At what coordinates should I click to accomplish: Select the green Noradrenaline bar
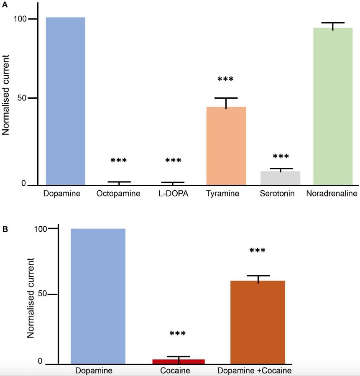click(333, 106)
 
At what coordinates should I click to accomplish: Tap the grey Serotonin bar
click(280, 178)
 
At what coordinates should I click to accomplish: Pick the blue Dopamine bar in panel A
click(65, 101)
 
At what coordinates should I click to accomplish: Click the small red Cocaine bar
click(179, 361)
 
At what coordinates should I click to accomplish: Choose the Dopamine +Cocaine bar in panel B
click(258, 322)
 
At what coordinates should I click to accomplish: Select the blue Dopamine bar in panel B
click(98, 296)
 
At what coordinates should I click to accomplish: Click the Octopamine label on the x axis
click(118, 194)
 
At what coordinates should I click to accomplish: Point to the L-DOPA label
click(173, 194)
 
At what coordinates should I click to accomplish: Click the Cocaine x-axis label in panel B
click(175, 371)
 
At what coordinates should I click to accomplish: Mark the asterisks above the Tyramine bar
click(225, 79)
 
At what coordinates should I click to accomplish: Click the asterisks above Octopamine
click(118, 161)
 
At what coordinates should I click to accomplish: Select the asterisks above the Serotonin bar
click(281, 157)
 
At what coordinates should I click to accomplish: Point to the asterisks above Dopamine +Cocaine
click(258, 251)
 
